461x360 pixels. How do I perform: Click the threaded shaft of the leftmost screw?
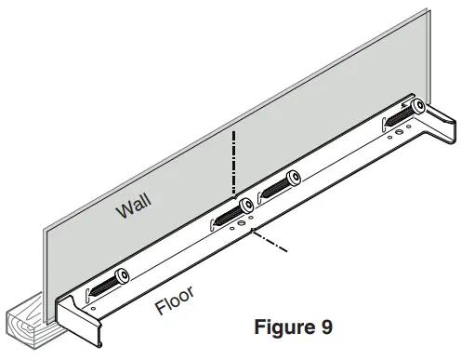pyautogui.click(x=104, y=285)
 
